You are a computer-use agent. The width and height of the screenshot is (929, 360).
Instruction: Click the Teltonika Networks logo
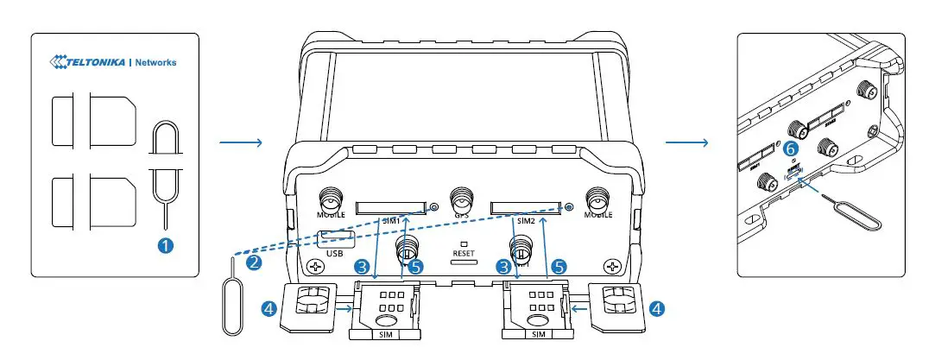click(114, 62)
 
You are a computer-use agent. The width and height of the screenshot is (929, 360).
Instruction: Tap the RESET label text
click(464, 255)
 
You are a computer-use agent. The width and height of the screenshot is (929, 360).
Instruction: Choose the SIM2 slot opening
click(525, 207)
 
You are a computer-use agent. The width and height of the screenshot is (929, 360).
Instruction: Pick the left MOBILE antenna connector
click(330, 199)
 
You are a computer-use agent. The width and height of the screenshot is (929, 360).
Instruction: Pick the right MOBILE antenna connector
click(597, 199)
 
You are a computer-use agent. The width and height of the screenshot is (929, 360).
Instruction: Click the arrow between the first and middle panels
click(240, 143)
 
